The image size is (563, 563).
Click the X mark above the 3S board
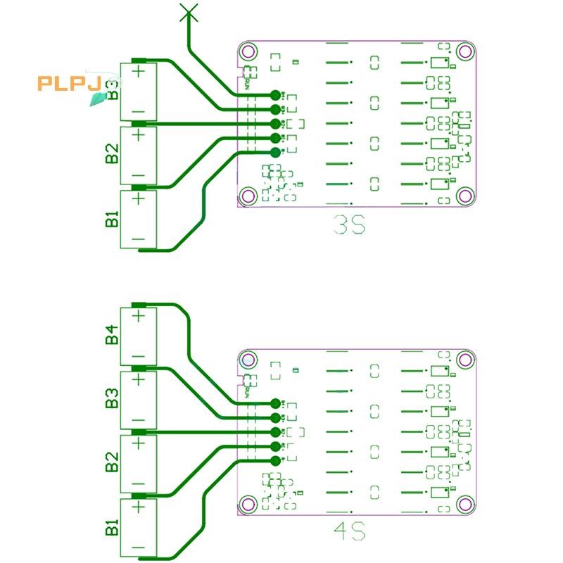click(188, 11)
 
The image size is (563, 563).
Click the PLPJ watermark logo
click(71, 84)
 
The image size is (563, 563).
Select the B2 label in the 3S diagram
click(112, 153)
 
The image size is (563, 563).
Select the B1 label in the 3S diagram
click(112, 218)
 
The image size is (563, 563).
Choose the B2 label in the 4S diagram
click(112, 464)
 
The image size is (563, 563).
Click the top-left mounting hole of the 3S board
click(246, 51)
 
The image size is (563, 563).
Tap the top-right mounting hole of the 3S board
click(464, 51)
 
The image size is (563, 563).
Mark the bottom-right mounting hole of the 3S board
click(464, 195)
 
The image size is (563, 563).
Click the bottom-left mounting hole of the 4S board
click(246, 504)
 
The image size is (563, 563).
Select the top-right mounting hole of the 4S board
click(464, 360)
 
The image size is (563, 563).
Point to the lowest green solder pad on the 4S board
click(275, 461)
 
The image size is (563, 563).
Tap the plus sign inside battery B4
click(139, 315)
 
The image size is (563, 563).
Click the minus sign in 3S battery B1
click(139, 239)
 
